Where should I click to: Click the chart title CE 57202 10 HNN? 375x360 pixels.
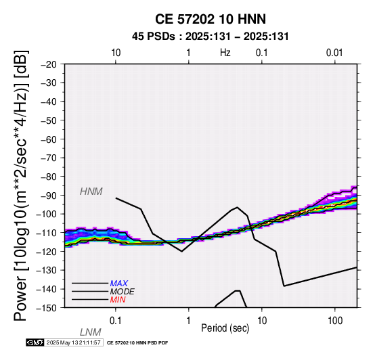[x=211, y=19]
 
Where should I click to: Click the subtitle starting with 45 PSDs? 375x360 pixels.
[x=211, y=37]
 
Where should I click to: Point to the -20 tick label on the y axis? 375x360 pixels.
[x=49, y=64]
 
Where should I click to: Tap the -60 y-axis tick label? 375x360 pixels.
[x=49, y=139]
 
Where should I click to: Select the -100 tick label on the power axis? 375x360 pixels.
[x=46, y=214]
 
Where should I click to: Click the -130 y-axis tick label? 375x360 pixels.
[x=46, y=270]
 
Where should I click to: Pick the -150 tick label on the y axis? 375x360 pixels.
[x=46, y=308]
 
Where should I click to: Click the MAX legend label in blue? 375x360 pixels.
[x=119, y=284]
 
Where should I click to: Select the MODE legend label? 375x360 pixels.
[x=123, y=292]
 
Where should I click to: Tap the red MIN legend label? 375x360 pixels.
[x=118, y=300]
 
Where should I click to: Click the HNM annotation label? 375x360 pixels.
[x=91, y=192]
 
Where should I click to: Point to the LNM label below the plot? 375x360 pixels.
[x=91, y=332]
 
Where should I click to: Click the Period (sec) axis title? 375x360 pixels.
[x=225, y=328]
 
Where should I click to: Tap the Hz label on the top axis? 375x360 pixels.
[x=225, y=53]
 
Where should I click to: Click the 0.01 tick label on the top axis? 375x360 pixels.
[x=334, y=53]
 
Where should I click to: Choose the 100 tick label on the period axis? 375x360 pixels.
[x=335, y=321]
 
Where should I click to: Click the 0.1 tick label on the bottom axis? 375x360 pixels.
[x=116, y=321]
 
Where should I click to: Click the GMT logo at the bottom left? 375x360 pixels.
[x=35, y=342]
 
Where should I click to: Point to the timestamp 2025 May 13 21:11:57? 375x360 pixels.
[x=73, y=343]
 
